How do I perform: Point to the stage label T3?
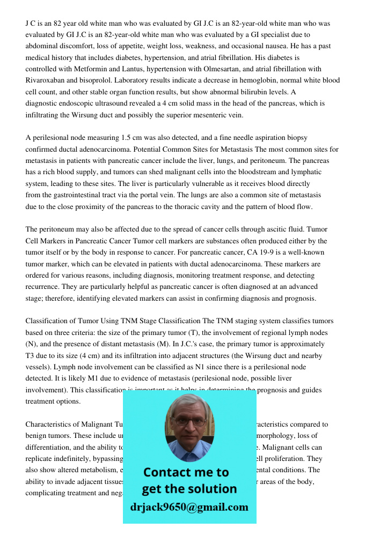pyautogui.click(x=30, y=356)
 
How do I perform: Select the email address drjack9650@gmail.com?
pyautogui.click(x=189, y=507)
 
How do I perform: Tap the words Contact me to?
pyautogui.click(x=186, y=472)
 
